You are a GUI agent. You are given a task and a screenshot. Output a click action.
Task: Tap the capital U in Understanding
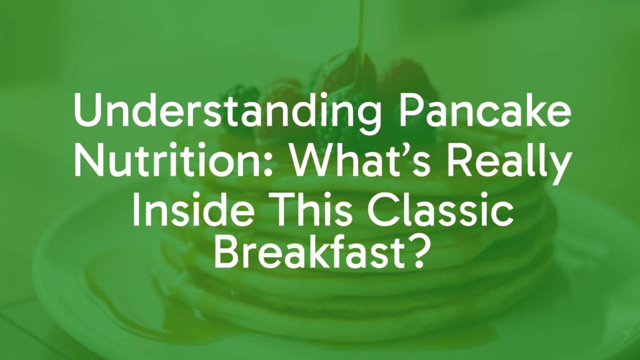[84, 113]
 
